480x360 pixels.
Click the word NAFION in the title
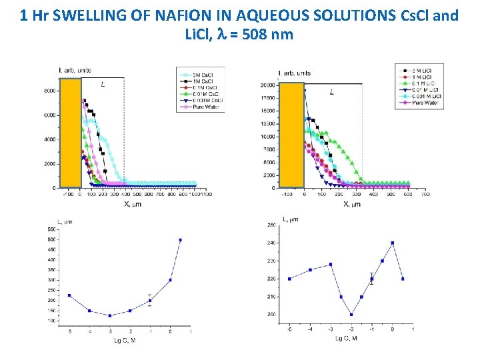[178, 15]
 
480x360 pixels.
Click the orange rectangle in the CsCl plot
[70, 133]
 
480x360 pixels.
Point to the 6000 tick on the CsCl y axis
[50, 115]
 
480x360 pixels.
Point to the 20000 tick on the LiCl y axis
[267, 85]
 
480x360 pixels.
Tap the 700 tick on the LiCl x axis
[425, 195]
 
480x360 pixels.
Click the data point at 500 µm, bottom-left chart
[180, 240]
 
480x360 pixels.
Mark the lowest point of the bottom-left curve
[110, 315]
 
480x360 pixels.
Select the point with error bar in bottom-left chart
[150, 301]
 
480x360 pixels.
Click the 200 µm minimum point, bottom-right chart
[351, 314]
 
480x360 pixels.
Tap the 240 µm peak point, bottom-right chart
[393, 243]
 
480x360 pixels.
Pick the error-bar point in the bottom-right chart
[372, 279]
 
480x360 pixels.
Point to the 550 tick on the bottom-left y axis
[51, 229]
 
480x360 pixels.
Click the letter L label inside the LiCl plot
[332, 92]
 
